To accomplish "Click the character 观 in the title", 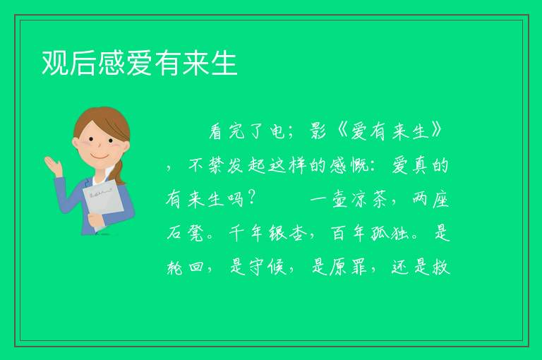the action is point(55,63).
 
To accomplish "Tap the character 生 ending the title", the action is point(224,63).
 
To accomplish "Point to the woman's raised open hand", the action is point(53,165).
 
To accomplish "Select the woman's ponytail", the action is point(120,172).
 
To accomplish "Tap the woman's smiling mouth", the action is point(100,156).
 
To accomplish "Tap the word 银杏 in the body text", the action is point(288,232).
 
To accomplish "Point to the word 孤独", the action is point(390,232).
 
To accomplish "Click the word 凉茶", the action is point(369,199).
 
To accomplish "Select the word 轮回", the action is point(185,267).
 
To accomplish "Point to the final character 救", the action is point(441,267).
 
